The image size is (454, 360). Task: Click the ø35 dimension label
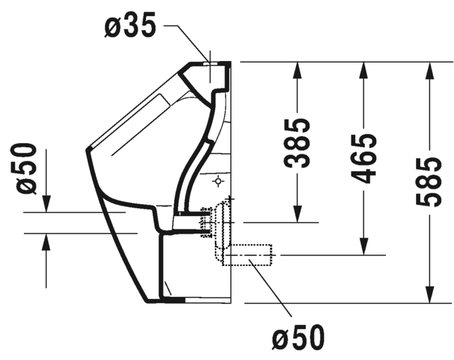point(131,25)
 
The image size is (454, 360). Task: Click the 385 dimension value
point(298,143)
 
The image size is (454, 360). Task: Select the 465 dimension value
point(363,159)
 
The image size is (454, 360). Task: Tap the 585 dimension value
point(429,182)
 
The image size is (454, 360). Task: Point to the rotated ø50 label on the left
point(27,169)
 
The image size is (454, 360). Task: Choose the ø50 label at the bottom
point(298,338)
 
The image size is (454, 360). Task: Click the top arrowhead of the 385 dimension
point(298,70)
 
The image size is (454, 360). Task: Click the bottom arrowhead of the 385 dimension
point(298,214)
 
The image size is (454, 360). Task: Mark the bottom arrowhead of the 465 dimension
point(363,246)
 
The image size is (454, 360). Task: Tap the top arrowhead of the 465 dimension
point(363,70)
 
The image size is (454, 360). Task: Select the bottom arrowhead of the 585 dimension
point(429,295)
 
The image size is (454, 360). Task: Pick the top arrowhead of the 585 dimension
point(429,70)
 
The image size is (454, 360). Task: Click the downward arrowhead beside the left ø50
point(46,204)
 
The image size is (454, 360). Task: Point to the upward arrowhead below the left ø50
point(46,241)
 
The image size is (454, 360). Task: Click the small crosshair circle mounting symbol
point(219,181)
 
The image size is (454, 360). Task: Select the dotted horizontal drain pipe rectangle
point(247,255)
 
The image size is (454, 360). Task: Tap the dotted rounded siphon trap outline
point(222,225)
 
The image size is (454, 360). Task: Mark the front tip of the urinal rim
point(87,149)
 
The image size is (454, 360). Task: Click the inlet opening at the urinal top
point(211,63)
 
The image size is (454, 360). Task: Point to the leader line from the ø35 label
point(187,40)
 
